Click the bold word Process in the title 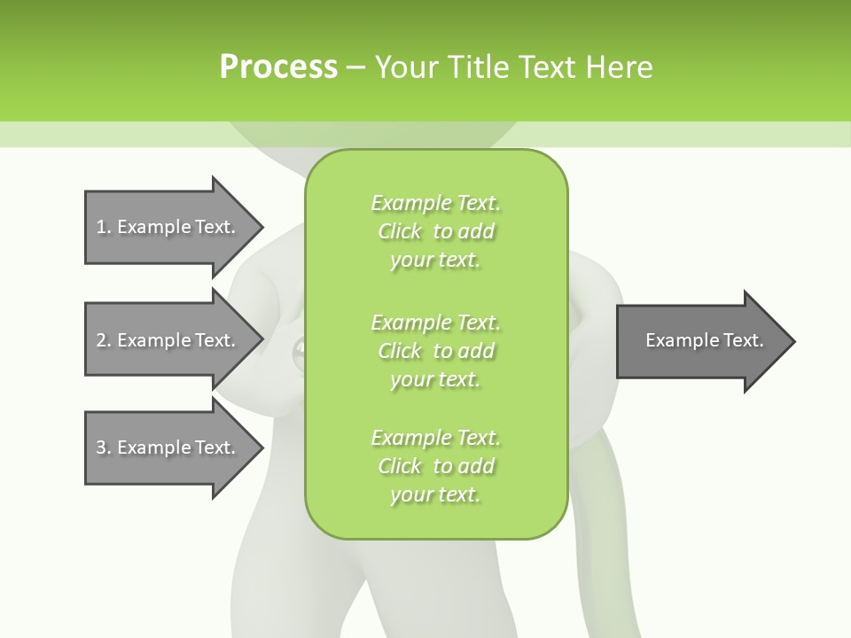[278, 67]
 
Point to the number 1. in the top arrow [103, 227]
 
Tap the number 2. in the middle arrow [103, 340]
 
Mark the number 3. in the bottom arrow [103, 447]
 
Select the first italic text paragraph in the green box [435, 231]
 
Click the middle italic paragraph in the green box [435, 350]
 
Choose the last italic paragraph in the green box [435, 466]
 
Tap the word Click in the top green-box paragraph [399, 231]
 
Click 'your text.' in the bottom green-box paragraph [435, 495]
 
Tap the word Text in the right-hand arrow [742, 340]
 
